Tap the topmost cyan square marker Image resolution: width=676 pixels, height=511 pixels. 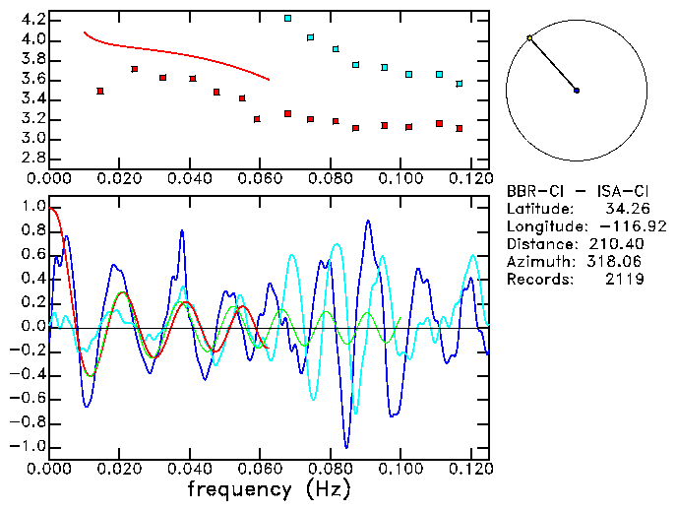[x=287, y=18]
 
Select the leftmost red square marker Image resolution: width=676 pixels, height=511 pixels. [x=100, y=91]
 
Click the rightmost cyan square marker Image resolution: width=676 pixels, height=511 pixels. [x=460, y=84]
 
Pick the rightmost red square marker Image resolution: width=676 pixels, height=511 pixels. [x=460, y=128]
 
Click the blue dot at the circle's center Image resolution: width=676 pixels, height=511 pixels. [x=577, y=91]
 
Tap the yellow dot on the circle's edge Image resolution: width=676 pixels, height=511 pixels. [x=529, y=38]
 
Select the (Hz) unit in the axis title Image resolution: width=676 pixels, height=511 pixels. [x=326, y=489]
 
